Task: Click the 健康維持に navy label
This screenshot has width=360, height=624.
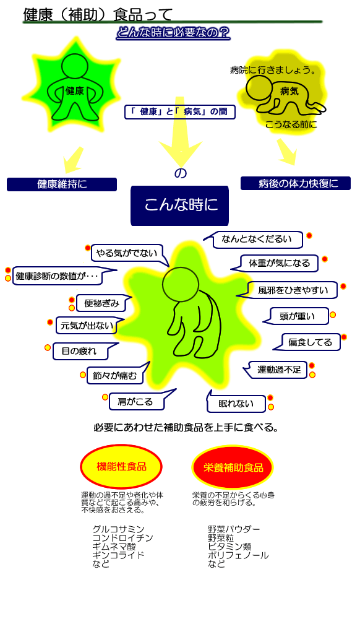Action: pyautogui.click(x=62, y=184)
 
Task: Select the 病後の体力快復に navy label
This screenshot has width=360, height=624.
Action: pyautogui.click(x=296, y=183)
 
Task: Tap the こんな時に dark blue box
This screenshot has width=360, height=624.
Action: pyautogui.click(x=180, y=205)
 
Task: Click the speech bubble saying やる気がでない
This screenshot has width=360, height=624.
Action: pyautogui.click(x=127, y=254)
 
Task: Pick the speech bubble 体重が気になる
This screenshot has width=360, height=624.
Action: pyautogui.click(x=278, y=263)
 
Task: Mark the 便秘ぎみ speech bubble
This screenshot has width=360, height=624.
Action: pyautogui.click(x=101, y=303)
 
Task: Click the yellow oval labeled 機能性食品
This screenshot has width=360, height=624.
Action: pyautogui.click(x=121, y=466)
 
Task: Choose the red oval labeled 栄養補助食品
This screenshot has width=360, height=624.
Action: pyautogui.click(x=233, y=467)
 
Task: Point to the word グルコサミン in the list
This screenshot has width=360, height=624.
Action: pyautogui.click(x=119, y=529)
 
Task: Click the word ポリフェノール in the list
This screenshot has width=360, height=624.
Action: pyautogui.click(x=238, y=555)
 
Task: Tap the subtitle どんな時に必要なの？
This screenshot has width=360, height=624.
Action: pyautogui.click(x=173, y=33)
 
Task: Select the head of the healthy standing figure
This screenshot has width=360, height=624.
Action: pyautogui.click(x=74, y=66)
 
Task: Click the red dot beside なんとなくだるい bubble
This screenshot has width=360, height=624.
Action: pyautogui.click(x=309, y=236)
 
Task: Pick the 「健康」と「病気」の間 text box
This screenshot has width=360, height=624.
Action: pyautogui.click(x=180, y=112)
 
